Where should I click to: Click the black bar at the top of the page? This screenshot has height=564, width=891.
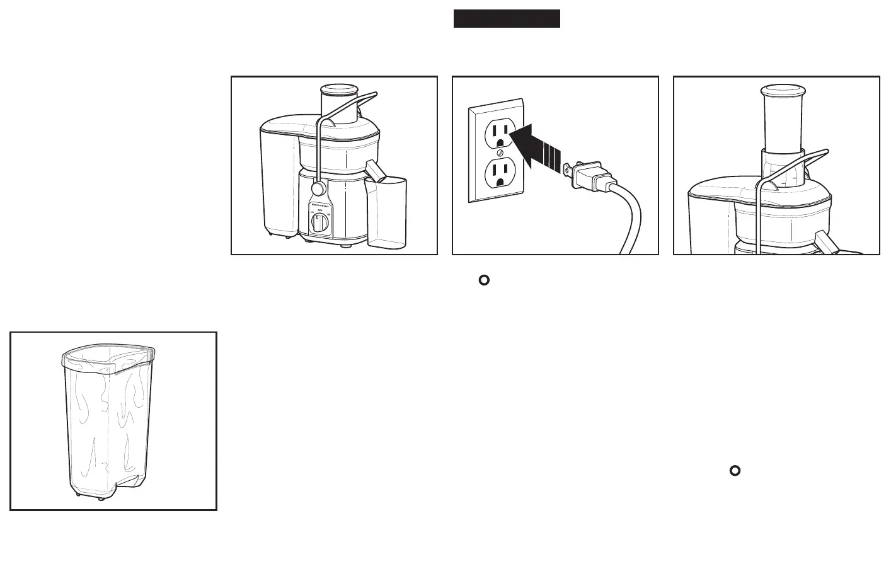pos(507,19)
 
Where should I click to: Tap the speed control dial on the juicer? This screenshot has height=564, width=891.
pos(319,222)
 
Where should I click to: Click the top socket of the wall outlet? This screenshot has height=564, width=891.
pos(500,133)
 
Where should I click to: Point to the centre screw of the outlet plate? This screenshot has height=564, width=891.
pos(500,152)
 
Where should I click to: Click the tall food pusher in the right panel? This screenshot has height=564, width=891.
pos(783,120)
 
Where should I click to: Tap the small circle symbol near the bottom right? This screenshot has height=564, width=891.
pos(734,470)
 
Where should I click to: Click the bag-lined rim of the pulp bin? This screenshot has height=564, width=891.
pos(108,360)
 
